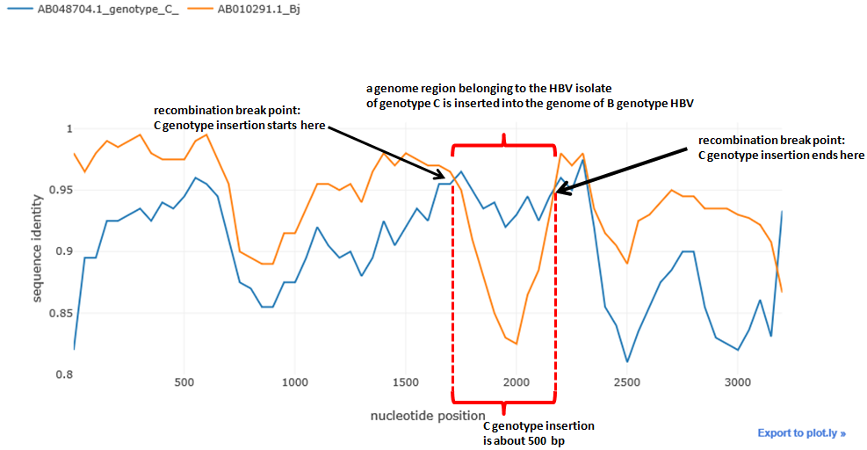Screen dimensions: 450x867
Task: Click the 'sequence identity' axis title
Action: [x=38, y=251]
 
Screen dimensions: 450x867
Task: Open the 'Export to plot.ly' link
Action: [x=801, y=432]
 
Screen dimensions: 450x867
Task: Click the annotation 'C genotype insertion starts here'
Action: [x=240, y=125]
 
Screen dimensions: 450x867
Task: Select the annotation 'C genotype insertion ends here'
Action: [x=781, y=155]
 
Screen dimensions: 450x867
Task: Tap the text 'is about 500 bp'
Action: [x=524, y=439]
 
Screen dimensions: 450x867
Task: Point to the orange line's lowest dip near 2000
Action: [x=516, y=344]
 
